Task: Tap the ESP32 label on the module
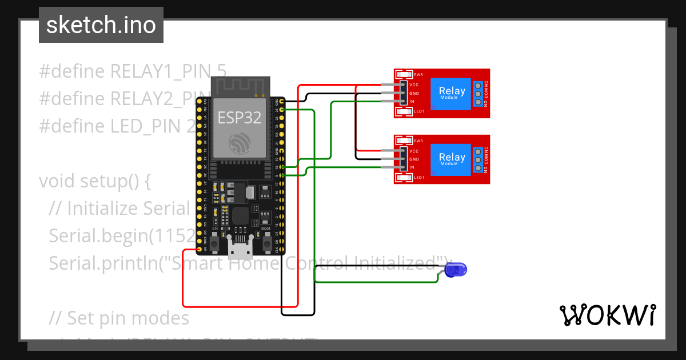click(x=240, y=118)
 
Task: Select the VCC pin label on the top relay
click(x=414, y=85)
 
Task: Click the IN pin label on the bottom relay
click(x=412, y=167)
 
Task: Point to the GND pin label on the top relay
click(x=414, y=93)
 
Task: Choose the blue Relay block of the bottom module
click(x=451, y=159)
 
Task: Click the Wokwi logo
click(x=607, y=315)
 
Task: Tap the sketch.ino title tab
click(x=101, y=25)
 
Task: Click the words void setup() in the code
click(x=94, y=181)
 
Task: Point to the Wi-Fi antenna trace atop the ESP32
click(x=240, y=87)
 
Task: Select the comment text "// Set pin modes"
click(x=119, y=317)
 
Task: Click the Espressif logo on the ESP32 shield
click(x=240, y=143)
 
